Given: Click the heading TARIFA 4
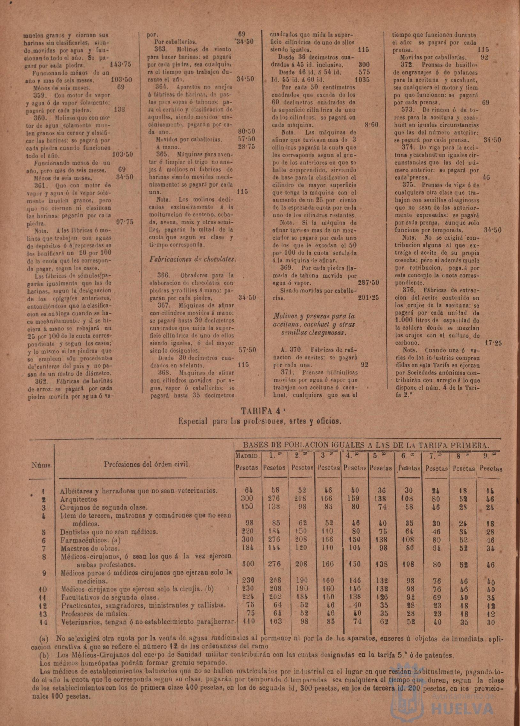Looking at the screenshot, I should pos(260,411).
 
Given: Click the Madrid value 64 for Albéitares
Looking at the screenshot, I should pos(249,490).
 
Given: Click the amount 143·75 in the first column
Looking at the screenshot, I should pos(120,64).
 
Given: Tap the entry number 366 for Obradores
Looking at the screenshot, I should pos(164,275).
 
